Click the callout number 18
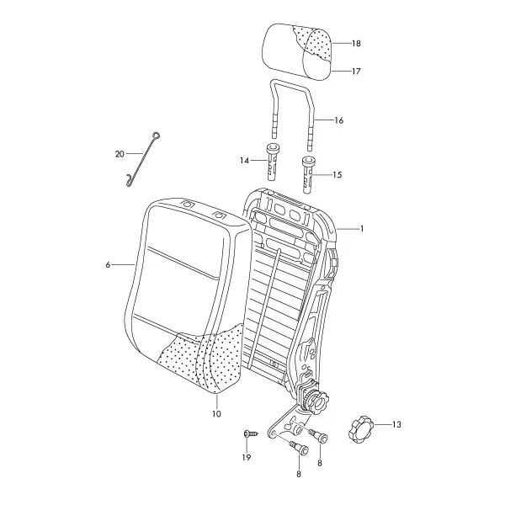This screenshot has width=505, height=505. point(356,44)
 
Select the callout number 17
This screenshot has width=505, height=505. point(356,72)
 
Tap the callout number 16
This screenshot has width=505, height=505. point(339,120)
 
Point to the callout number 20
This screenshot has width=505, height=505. point(120,154)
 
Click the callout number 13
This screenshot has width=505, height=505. point(396,424)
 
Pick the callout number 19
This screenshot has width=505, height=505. point(247,457)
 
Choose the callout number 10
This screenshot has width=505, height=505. point(217,414)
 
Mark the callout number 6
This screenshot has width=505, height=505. point(108,265)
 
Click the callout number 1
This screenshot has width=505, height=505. point(362,229)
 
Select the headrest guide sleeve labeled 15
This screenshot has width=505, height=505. point(309,175)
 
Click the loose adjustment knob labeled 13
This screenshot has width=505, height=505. point(359,429)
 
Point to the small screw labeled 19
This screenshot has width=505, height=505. point(251,433)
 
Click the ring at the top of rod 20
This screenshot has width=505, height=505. point(157,136)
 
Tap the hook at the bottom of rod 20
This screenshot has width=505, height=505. point(130,181)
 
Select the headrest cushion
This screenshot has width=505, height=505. point(298,50)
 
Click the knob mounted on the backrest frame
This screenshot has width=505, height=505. point(315,401)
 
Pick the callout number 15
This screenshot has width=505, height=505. point(338,175)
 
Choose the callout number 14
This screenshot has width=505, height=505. point(244,160)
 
